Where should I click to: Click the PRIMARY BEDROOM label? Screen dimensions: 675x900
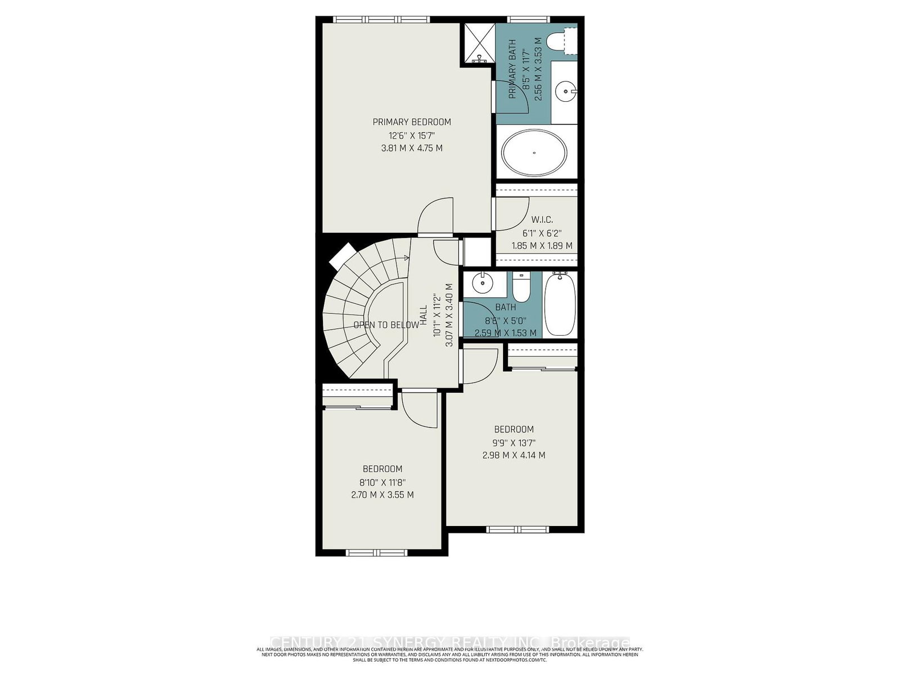coord(412,122)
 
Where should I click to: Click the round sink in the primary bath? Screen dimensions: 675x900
coord(564,89)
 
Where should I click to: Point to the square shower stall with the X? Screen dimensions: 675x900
coord(478,44)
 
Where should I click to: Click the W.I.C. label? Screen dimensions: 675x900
coord(542,220)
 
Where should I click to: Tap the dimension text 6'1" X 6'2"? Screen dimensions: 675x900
coord(542,233)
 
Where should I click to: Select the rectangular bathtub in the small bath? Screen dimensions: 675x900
coord(560,304)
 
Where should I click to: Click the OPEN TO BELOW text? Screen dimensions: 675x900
coord(386,325)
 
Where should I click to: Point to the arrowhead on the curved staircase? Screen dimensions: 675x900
coord(406,258)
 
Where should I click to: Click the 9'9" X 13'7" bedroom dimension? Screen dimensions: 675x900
coord(514,443)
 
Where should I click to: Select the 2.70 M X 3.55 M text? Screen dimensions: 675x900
coord(382,495)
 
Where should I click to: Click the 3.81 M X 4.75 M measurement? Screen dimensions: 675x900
coord(412,148)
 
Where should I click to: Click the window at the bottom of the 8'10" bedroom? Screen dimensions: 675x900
coord(376,552)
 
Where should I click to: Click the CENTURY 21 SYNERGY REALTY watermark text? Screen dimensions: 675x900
coord(450,642)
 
